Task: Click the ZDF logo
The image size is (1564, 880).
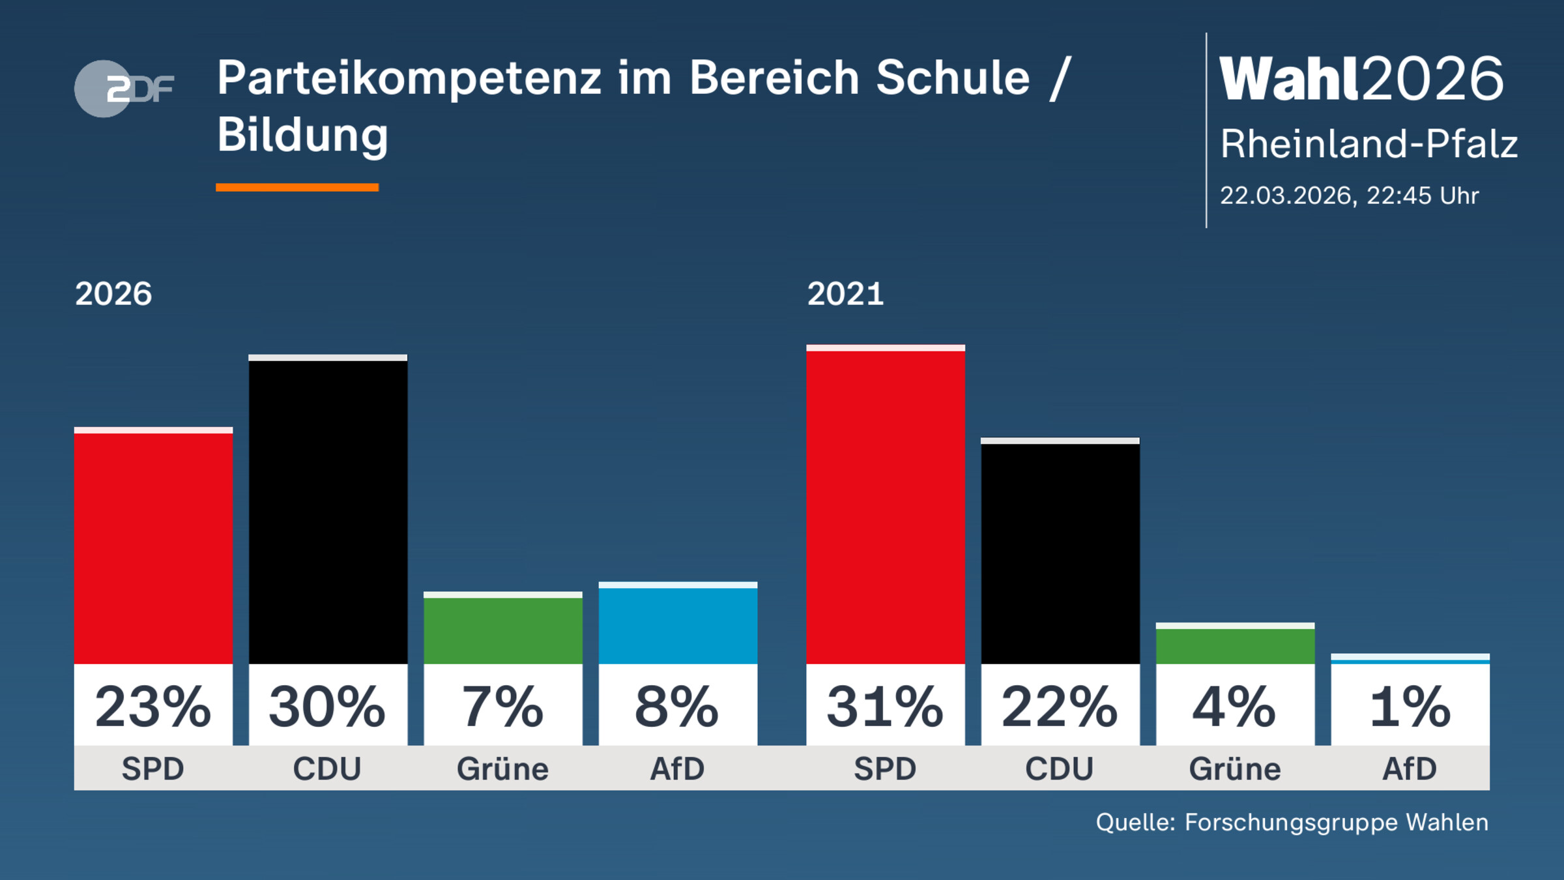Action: click(124, 89)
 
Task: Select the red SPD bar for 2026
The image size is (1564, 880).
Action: click(153, 548)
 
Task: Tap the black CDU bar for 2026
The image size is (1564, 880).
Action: click(328, 512)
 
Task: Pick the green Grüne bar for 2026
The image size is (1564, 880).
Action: click(502, 630)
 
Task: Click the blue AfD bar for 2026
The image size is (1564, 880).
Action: click(678, 624)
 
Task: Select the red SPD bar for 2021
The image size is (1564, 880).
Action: click(885, 505)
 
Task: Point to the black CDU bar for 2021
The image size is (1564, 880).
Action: click(1060, 553)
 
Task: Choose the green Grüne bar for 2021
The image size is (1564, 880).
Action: click(1235, 645)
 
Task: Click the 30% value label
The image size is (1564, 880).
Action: click(328, 707)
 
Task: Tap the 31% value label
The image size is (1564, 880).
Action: click(885, 707)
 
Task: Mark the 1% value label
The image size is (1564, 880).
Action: click(1410, 707)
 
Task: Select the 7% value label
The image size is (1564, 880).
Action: click(502, 707)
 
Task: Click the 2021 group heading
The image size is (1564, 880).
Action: click(845, 294)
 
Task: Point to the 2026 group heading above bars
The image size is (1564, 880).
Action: click(113, 294)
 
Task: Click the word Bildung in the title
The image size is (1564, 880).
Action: click(302, 136)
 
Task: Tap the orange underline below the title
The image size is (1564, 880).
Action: click(297, 188)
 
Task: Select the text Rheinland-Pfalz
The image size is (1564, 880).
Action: click(1368, 143)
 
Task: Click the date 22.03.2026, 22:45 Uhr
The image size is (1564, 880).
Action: click(1349, 196)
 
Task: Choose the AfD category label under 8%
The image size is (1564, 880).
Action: click(678, 769)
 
